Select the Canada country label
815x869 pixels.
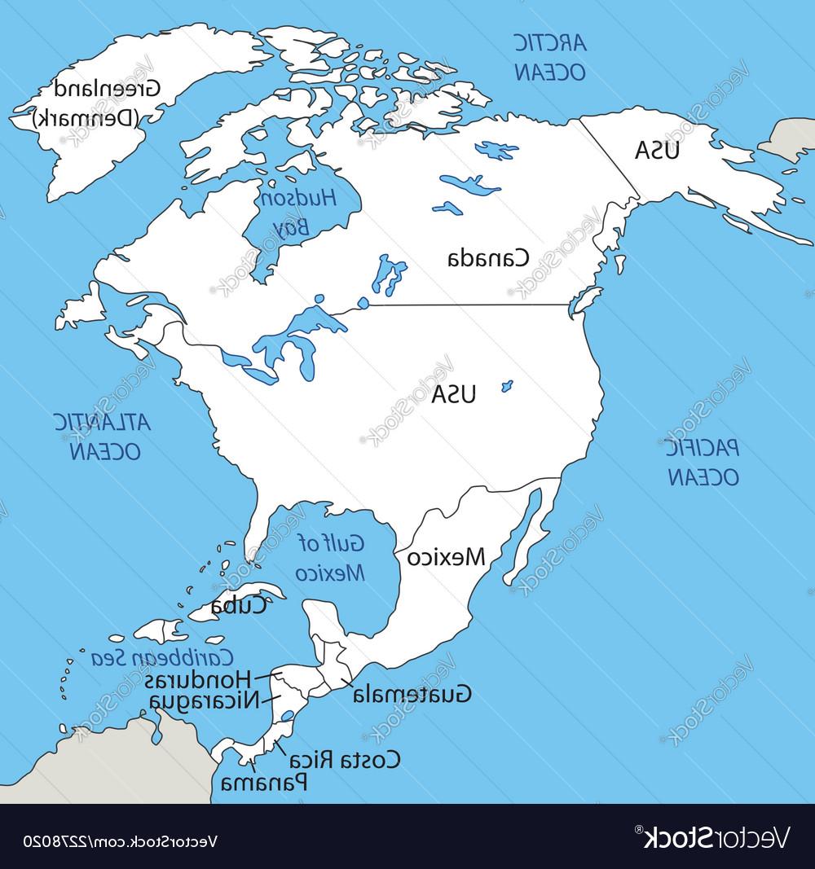[488, 258]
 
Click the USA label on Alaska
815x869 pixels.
[658, 151]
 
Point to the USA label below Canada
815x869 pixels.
[454, 395]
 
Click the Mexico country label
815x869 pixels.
[446, 557]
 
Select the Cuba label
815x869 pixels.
[238, 605]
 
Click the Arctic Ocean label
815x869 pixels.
[549, 56]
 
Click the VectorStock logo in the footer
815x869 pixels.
[710, 836]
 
